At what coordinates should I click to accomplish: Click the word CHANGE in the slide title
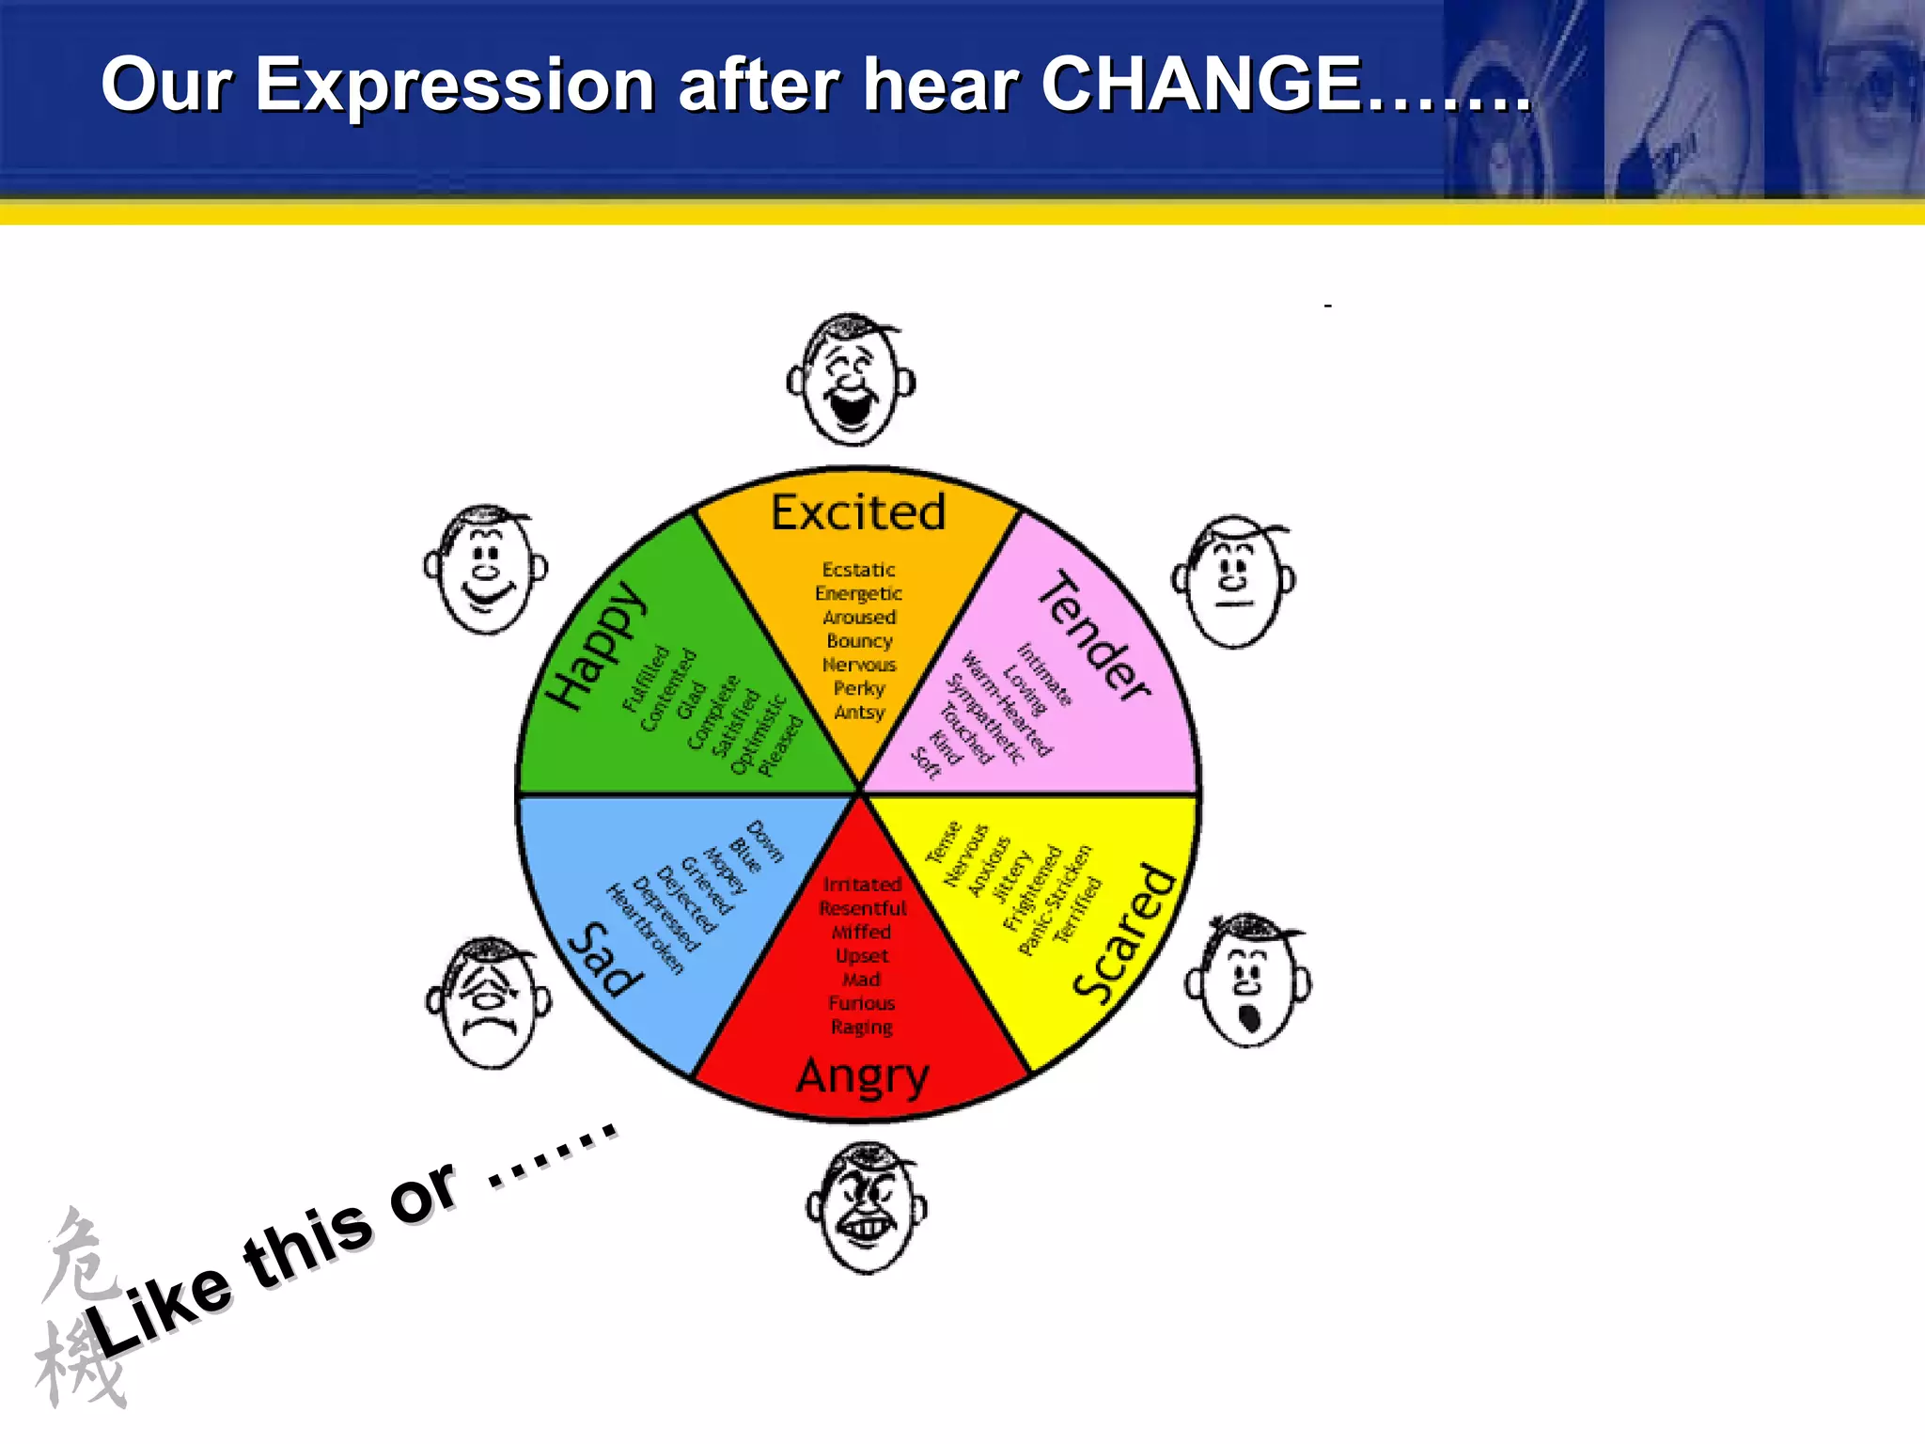tap(1201, 85)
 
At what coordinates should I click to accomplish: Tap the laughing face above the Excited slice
tap(852, 381)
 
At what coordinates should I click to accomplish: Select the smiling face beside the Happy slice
tap(486, 571)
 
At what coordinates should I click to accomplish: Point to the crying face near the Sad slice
tap(489, 1004)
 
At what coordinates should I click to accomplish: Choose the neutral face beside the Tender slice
tap(1234, 581)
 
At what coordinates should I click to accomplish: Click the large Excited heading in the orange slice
tap(858, 513)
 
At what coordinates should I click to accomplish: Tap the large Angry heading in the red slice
tap(863, 1075)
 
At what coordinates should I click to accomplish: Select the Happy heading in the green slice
tap(598, 645)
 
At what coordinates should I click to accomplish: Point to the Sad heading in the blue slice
tap(607, 959)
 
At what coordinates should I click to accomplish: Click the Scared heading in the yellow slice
tap(1126, 933)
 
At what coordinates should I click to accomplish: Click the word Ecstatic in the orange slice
tap(858, 570)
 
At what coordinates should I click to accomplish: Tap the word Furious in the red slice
tap(861, 1003)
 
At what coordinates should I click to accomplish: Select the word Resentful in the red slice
tap(862, 908)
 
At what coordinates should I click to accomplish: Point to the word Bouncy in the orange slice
tap(859, 641)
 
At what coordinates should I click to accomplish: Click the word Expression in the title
tap(455, 85)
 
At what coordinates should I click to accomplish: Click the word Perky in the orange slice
tap(859, 688)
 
